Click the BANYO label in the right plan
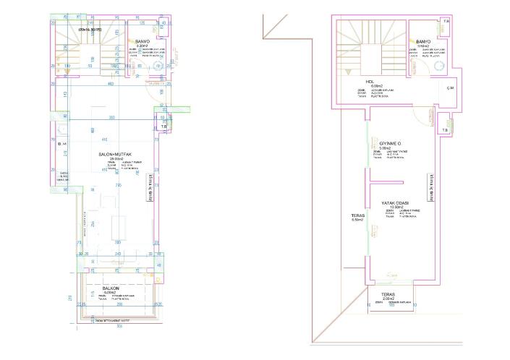tap(423, 42)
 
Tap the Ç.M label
tap(450, 88)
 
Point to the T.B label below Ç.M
tap(445, 130)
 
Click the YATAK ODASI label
tap(396, 202)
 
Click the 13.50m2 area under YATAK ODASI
tap(395, 207)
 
